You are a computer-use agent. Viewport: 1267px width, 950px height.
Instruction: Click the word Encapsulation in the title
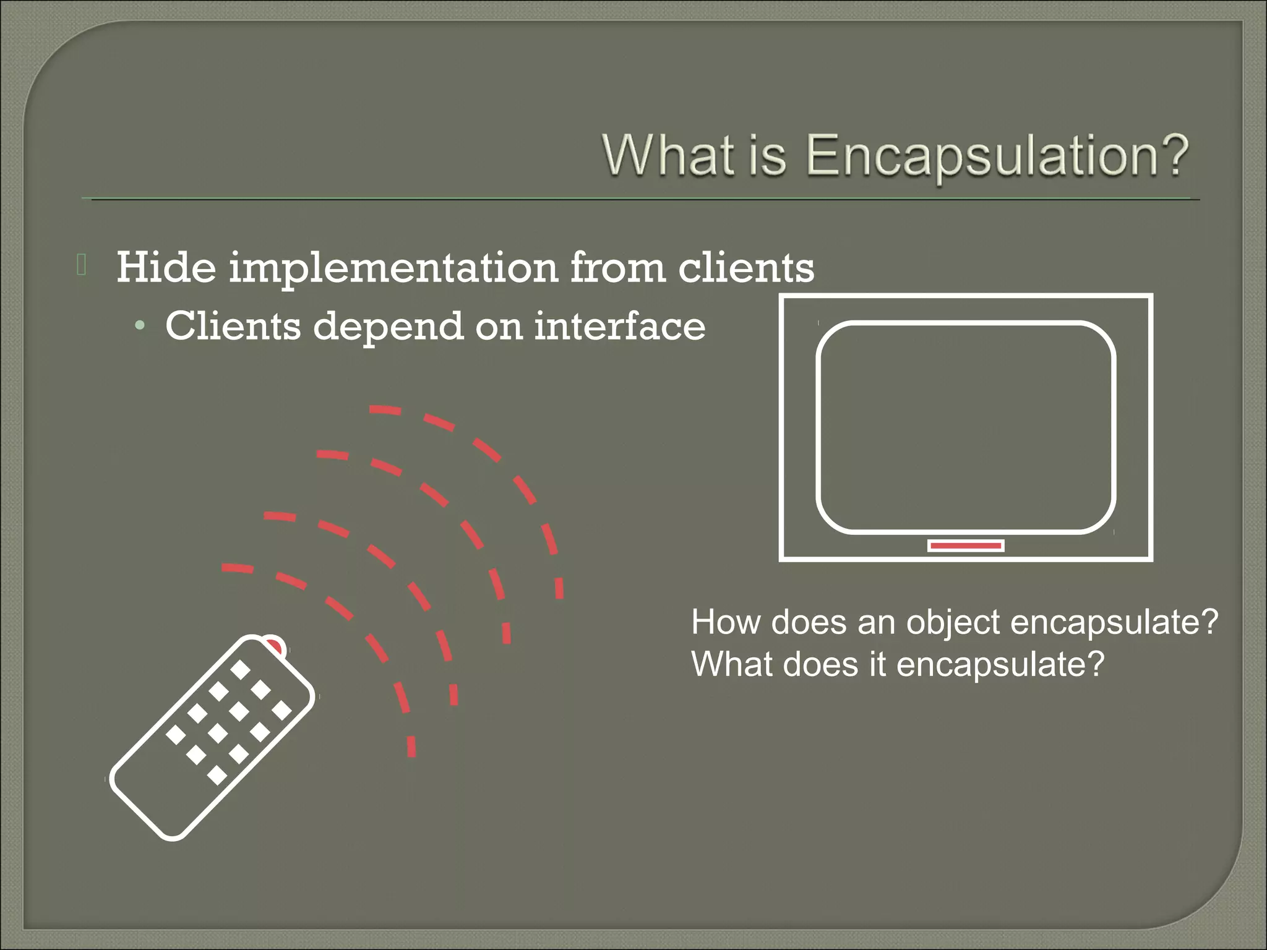pyautogui.click(x=997, y=156)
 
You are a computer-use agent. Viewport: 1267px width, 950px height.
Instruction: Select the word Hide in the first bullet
pyautogui.click(x=166, y=267)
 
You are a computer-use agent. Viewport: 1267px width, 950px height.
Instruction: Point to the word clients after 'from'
pyautogui.click(x=746, y=267)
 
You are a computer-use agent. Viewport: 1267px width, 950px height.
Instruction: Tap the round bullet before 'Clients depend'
pyautogui.click(x=141, y=325)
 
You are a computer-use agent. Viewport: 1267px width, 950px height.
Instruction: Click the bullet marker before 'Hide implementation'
pyautogui.click(x=82, y=265)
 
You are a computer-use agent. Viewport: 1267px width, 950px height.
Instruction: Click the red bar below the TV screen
pyautogui.click(x=965, y=546)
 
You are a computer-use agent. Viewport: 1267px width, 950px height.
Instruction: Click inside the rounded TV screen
pyautogui.click(x=965, y=427)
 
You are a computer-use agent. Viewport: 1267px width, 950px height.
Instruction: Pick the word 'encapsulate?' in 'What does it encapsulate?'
pyautogui.click(x=1000, y=665)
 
